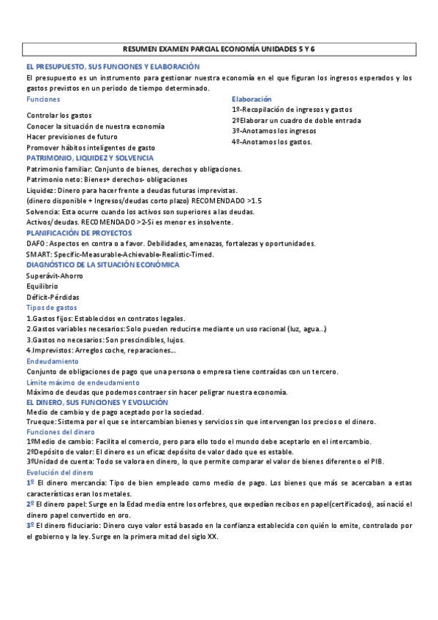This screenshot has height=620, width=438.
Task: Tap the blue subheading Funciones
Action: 43,99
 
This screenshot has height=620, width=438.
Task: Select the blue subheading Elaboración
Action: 252,99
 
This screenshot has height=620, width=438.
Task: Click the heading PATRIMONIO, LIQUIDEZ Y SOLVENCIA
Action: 90,158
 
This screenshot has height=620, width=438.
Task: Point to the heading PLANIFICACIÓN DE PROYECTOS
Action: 78,232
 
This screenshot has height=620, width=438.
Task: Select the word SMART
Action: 39,254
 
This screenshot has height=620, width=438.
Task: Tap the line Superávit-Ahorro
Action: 54,276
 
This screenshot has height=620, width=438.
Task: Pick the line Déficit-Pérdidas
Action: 53,298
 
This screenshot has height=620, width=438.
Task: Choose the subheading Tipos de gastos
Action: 53,308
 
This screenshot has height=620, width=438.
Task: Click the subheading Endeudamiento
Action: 52,361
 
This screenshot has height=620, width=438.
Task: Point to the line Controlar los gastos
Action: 59,116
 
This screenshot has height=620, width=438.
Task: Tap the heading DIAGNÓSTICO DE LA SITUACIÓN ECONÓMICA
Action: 102,265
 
